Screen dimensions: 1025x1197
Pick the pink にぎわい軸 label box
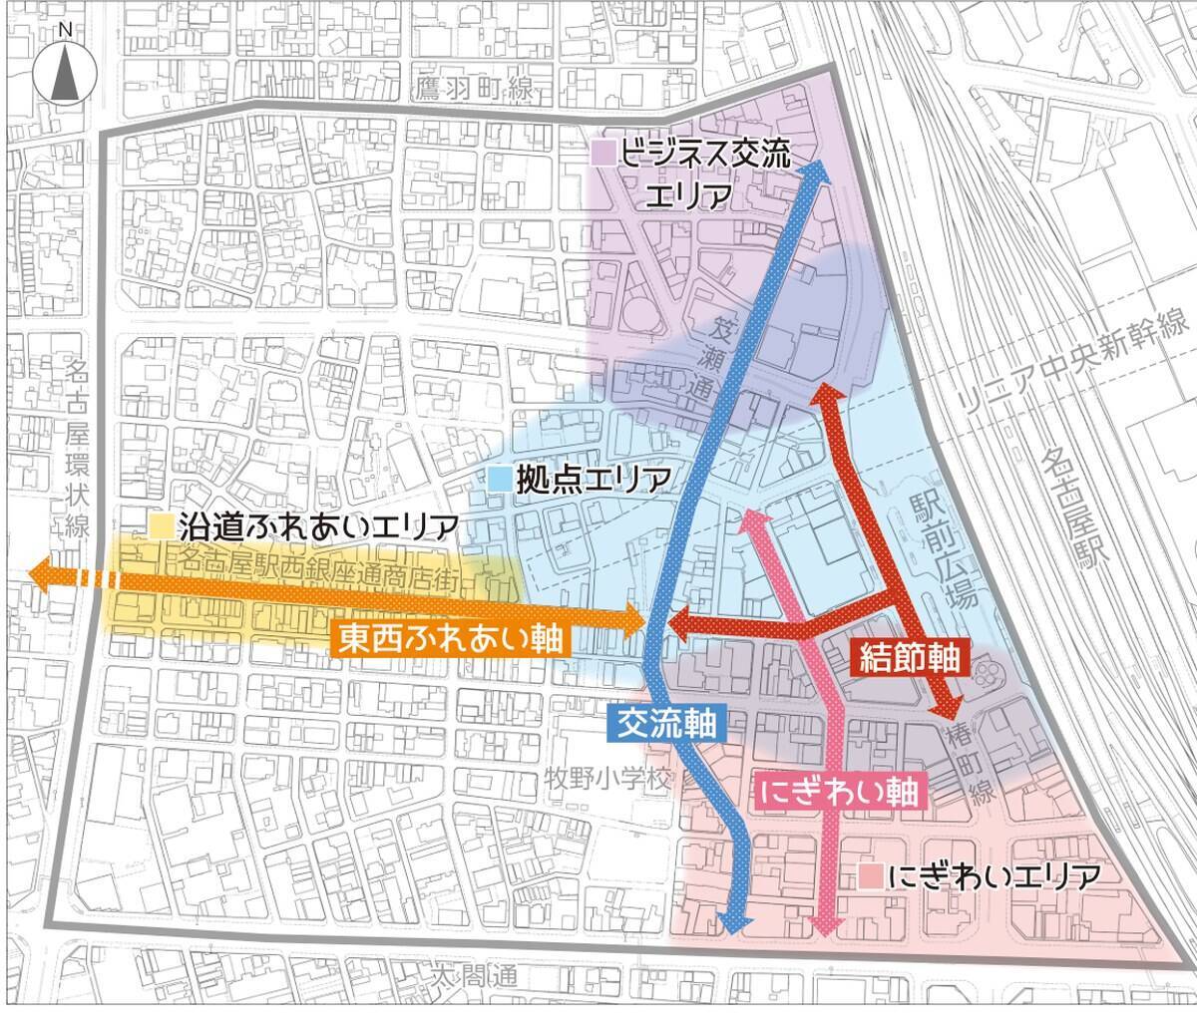[x=844, y=792]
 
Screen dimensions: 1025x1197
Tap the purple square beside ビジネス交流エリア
[x=601, y=154]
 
